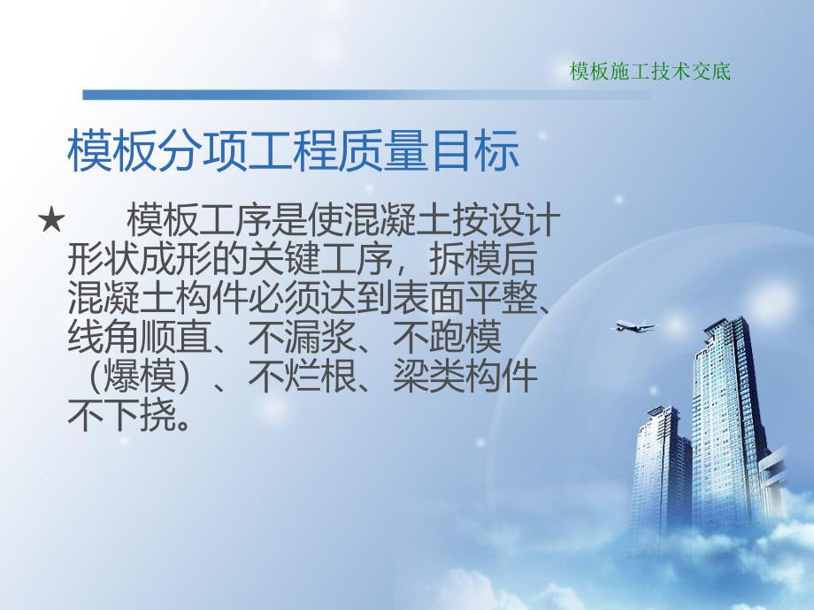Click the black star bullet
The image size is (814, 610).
tap(52, 220)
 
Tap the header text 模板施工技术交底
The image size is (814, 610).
tap(650, 72)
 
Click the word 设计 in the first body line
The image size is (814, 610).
tap(516, 220)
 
